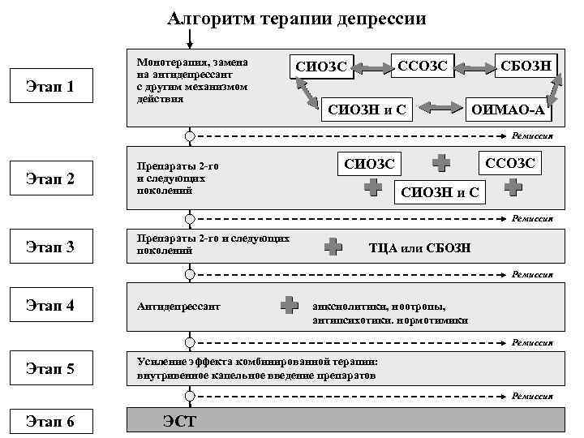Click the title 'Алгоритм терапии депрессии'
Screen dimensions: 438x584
pos(296,18)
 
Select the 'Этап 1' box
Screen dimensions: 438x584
pos(49,84)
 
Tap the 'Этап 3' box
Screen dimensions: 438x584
pos(49,247)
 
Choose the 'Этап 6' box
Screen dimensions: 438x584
pos(49,420)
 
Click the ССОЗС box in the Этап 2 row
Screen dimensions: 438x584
pos(509,163)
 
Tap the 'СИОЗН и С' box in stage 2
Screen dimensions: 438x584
pos(439,192)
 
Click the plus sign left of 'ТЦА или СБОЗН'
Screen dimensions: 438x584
pos(333,247)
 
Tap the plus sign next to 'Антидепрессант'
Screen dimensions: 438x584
pos(290,306)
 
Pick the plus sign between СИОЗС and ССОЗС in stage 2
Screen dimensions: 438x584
pos(441,164)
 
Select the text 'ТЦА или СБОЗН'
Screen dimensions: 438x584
pos(419,247)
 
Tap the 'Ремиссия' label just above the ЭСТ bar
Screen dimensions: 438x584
pos(532,396)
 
